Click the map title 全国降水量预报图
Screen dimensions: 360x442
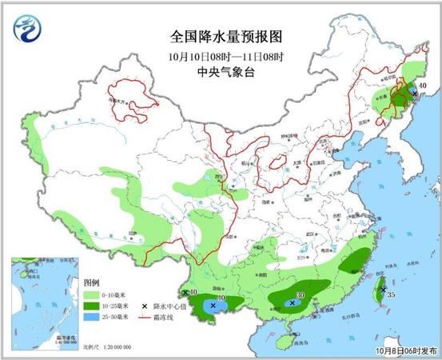(x=227, y=37)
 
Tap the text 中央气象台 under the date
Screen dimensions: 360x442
(x=227, y=72)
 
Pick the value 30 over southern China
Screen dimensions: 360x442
(x=300, y=294)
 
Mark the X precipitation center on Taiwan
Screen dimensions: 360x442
(x=383, y=289)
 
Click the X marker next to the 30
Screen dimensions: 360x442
(x=292, y=302)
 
